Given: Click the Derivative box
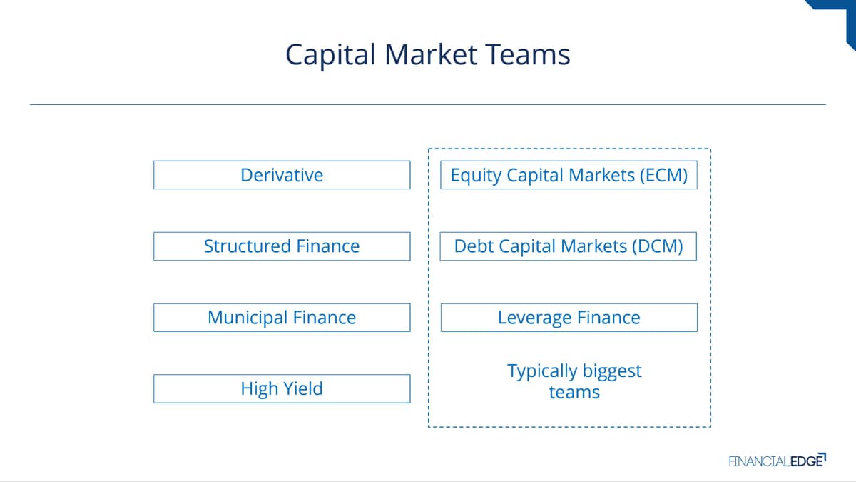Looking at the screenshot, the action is point(282,175).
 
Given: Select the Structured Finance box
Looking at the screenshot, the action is point(282,246).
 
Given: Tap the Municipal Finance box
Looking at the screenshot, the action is point(282,318).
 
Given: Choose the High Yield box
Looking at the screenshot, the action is point(282,388).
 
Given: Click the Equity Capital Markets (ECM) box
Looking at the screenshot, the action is point(569,175).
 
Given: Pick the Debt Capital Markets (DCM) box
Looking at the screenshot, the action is point(569,246).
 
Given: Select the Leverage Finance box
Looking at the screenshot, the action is point(569,318).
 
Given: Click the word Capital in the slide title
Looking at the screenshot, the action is point(331,56).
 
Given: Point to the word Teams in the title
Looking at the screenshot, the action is point(528,54).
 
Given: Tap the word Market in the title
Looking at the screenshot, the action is point(431,54).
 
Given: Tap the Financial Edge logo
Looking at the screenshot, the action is point(778,460).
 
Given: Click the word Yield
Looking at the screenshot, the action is point(303,388).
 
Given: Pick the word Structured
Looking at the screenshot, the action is point(248,246).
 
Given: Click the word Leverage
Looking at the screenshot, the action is point(534,318).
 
